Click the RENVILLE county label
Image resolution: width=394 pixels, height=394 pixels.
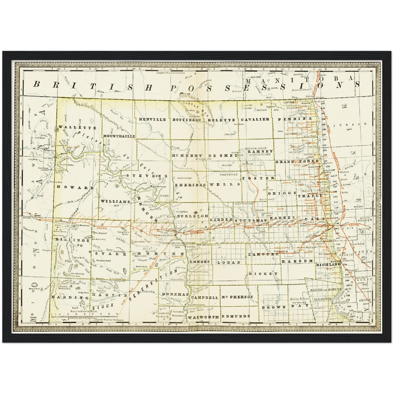pos(152,119)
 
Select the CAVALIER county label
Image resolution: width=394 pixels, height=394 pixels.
pos(255,119)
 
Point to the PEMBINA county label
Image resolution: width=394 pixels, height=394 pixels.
pos(295,119)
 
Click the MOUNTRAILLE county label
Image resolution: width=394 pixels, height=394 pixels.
pos(119,136)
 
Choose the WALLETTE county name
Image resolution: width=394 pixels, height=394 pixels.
pos(77,128)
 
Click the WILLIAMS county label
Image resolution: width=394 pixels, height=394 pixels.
pos(115,201)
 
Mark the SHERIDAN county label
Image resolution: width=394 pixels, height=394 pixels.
pos(190,185)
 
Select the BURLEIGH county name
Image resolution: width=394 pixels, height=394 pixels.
pos(193,216)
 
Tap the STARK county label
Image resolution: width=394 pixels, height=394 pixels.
pos(111,254)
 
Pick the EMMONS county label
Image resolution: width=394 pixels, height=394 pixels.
pos(200,262)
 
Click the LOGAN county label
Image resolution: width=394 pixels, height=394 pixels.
pos(228,262)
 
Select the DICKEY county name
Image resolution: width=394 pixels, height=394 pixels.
pos(263,273)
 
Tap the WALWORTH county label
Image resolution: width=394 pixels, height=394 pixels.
pos(203,317)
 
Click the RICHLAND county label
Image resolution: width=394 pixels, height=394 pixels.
pos(328,264)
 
